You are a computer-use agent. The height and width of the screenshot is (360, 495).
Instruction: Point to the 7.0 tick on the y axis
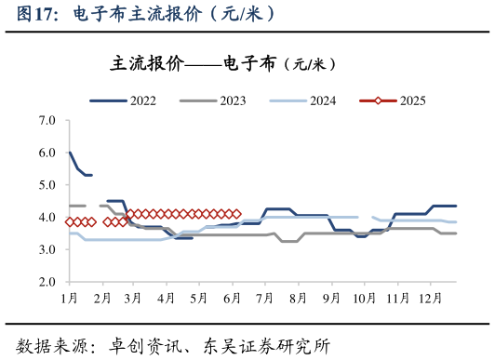(47, 121)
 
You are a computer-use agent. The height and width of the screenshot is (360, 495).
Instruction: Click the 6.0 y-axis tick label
(47, 153)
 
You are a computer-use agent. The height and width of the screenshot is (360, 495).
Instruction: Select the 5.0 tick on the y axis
(47, 185)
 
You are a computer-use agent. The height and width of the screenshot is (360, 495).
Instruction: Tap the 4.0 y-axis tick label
(47, 218)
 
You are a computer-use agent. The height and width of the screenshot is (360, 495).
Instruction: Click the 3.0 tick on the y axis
(47, 249)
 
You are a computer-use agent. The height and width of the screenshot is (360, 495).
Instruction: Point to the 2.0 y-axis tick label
(47, 282)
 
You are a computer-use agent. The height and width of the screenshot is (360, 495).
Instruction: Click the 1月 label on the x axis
(69, 298)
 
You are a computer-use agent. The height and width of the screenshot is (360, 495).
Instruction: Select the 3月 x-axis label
(133, 298)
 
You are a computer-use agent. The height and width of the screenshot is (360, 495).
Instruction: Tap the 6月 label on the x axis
(232, 298)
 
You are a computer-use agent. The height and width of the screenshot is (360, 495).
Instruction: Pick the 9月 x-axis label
(330, 298)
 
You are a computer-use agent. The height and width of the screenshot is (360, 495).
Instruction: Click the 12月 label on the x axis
(431, 298)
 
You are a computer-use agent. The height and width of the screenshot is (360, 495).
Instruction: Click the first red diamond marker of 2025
(70, 221)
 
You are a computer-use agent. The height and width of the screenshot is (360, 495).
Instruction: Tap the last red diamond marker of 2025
(237, 214)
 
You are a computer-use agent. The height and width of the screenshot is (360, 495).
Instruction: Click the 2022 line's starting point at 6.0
(70, 153)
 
